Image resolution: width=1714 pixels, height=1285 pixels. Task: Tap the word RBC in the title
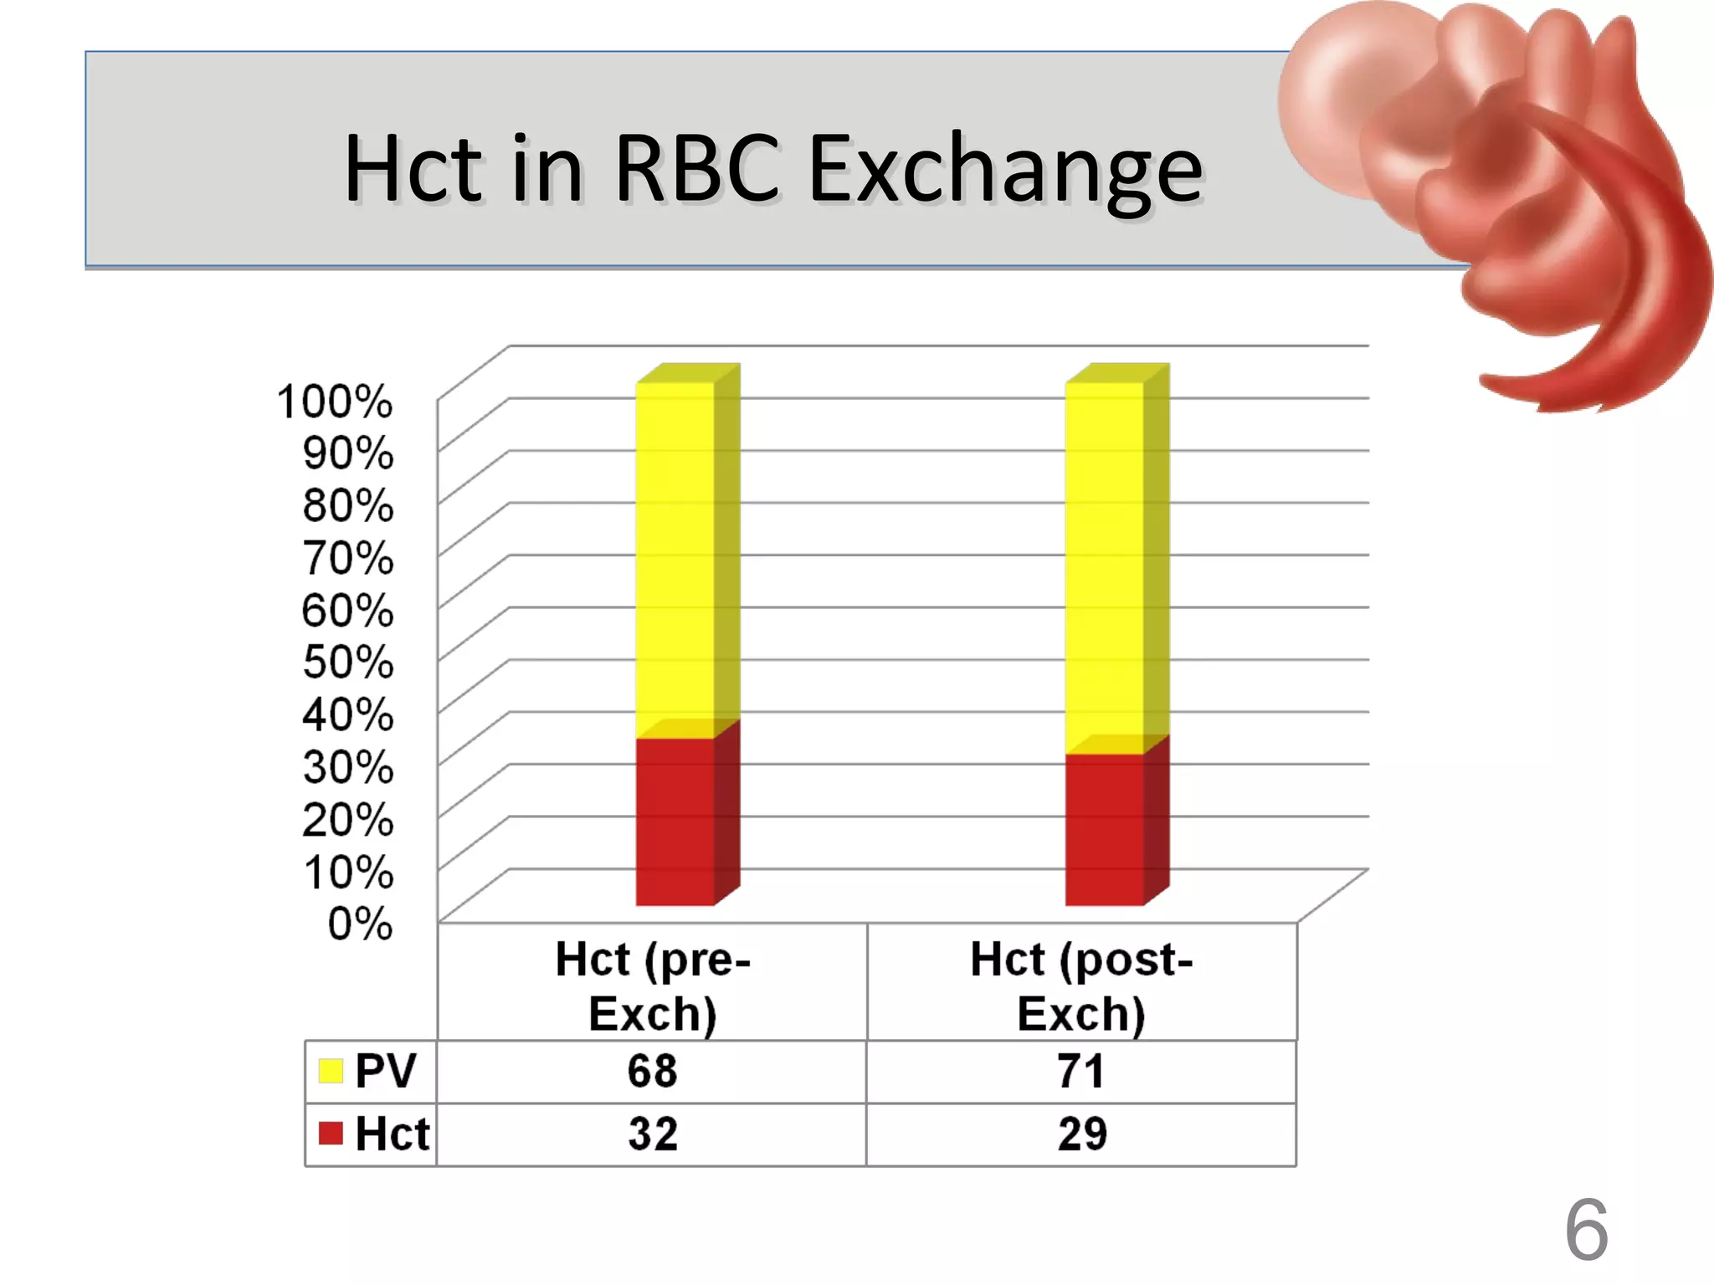point(697,169)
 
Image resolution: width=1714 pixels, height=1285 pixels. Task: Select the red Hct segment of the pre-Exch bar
point(675,822)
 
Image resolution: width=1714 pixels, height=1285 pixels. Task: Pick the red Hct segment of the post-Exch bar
point(1104,829)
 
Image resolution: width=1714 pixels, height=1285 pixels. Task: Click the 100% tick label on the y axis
point(335,402)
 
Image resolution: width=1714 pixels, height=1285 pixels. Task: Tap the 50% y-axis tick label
point(348,662)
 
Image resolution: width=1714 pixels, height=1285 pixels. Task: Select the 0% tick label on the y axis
point(360,924)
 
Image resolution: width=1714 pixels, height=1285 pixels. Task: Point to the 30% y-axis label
point(348,766)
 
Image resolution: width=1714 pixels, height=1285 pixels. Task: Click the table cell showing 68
point(652,1072)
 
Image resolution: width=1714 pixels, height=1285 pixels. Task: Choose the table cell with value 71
point(1080,1072)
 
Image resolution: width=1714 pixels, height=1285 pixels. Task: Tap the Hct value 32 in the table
point(652,1134)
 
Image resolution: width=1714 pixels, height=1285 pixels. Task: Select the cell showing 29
point(1081,1134)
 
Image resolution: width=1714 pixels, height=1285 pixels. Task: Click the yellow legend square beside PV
point(331,1071)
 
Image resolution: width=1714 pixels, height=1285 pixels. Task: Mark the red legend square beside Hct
point(331,1134)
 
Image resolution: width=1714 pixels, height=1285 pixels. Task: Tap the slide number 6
point(1586,1230)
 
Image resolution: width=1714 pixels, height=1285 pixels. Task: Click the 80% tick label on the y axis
point(348,506)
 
